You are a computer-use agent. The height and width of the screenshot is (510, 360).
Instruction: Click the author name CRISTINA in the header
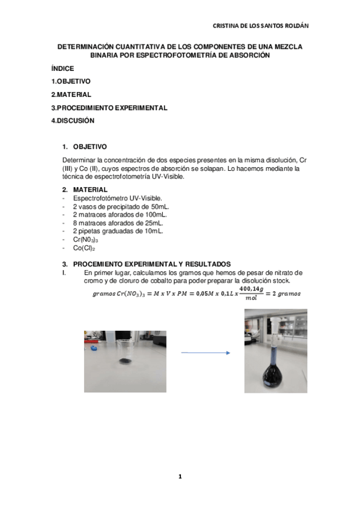click(229, 26)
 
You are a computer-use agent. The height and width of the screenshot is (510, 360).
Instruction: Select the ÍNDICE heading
click(63, 69)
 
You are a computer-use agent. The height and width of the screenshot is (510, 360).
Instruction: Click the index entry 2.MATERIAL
click(71, 94)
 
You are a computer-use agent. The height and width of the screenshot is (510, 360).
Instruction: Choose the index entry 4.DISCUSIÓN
click(73, 120)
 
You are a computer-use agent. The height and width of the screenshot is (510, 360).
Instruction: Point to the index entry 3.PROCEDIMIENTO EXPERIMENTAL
click(109, 108)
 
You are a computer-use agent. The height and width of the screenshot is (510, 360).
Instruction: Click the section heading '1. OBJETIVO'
click(90, 146)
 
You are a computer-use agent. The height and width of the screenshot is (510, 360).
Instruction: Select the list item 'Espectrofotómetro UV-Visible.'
click(117, 197)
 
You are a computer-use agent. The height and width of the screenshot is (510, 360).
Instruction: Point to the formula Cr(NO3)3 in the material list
click(85, 239)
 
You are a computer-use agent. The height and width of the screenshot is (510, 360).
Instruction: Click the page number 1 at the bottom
click(180, 476)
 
